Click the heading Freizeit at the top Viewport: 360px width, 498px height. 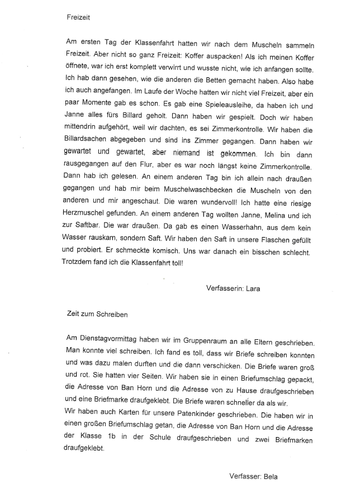pyautogui.click(x=78, y=17)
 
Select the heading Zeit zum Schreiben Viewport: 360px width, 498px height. pyautogui.click(x=97, y=314)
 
